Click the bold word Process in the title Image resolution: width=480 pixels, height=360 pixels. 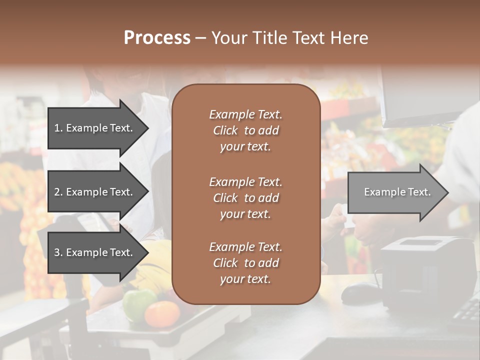coord(157,38)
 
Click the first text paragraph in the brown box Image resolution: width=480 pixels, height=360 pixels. coord(245,130)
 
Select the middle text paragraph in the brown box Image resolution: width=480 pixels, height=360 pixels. coord(245,198)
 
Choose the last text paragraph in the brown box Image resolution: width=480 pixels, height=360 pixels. coord(245,263)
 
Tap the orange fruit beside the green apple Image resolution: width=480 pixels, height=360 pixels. coord(161,313)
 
